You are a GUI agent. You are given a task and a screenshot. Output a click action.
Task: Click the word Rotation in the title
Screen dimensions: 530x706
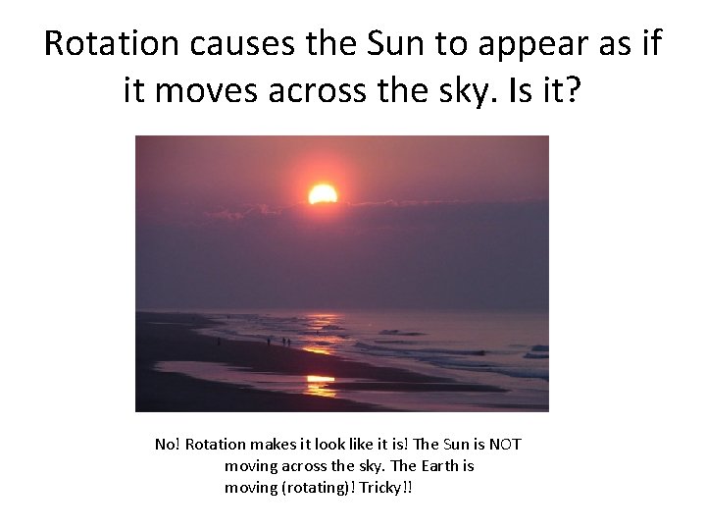108,44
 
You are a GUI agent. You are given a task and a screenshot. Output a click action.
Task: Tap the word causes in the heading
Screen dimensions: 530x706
232,44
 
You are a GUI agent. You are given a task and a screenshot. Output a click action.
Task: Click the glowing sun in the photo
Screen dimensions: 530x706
323,193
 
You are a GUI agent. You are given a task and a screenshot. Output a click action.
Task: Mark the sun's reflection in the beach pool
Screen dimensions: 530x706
320,379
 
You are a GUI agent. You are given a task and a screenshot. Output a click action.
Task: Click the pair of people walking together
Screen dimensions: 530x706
285,342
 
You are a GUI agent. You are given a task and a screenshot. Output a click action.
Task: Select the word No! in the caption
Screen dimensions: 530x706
168,445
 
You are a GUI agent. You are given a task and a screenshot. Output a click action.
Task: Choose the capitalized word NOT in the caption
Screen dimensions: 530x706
504,445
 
